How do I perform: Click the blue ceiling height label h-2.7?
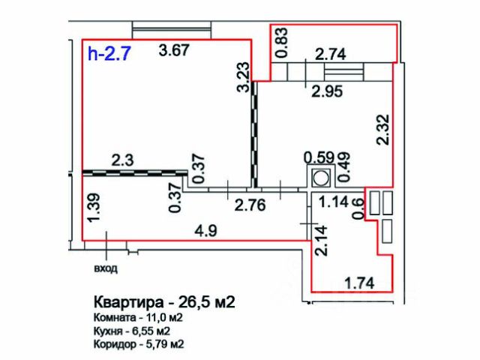click(109, 54)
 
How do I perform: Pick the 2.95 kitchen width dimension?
click(327, 92)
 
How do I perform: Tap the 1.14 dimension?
click(334, 201)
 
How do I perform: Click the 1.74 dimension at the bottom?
click(358, 282)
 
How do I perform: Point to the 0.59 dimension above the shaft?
click(317, 157)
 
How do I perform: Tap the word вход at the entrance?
click(106, 267)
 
